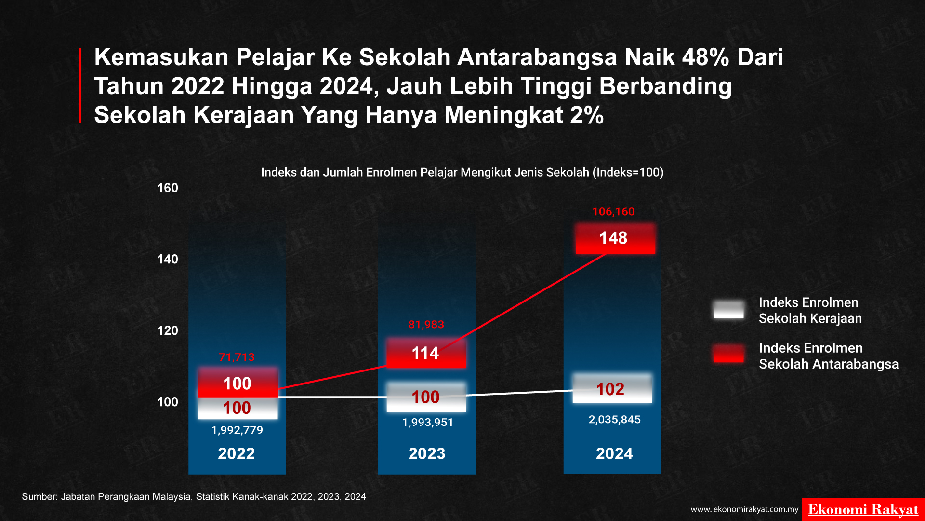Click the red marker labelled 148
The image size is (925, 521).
coord(615,238)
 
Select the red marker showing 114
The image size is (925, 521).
coord(426,353)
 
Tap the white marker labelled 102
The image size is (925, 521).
coord(612,388)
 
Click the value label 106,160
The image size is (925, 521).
coord(613,211)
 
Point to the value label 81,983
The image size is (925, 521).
coord(426,324)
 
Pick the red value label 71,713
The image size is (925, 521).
coord(237,357)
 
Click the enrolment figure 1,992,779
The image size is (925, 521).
coord(237,430)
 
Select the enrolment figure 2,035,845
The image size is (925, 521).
coord(615,419)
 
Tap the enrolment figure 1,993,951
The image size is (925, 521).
coord(428,422)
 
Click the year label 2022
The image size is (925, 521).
coord(237,453)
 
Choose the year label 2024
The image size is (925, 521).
coord(614,453)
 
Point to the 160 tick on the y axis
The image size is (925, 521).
coord(168,188)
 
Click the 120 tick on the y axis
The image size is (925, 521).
coord(168,330)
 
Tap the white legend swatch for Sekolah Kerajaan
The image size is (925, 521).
coord(728,309)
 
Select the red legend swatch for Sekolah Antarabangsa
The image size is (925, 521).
coord(728,353)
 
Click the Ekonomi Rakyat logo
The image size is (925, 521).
coord(863,509)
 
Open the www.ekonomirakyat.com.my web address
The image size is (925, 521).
coord(744,509)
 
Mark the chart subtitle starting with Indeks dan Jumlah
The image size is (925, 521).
coord(462,172)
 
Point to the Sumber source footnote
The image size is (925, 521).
coord(194,497)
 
